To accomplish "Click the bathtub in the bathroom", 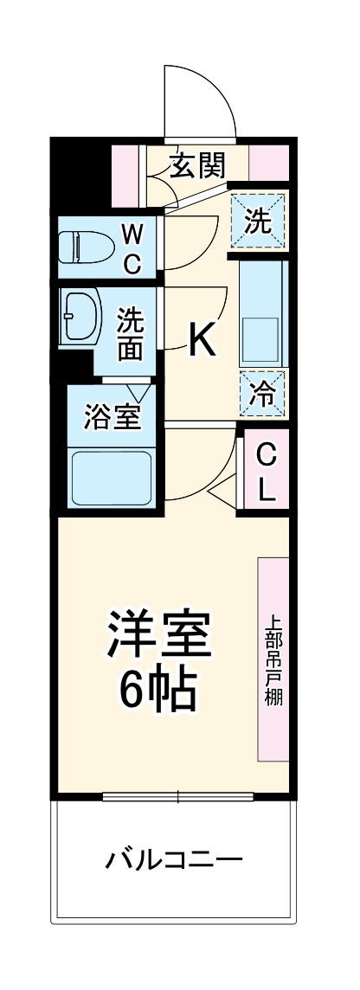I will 111,479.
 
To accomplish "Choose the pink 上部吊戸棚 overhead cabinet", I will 273,659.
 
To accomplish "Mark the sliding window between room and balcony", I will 177,796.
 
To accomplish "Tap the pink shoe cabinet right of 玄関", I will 268,162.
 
